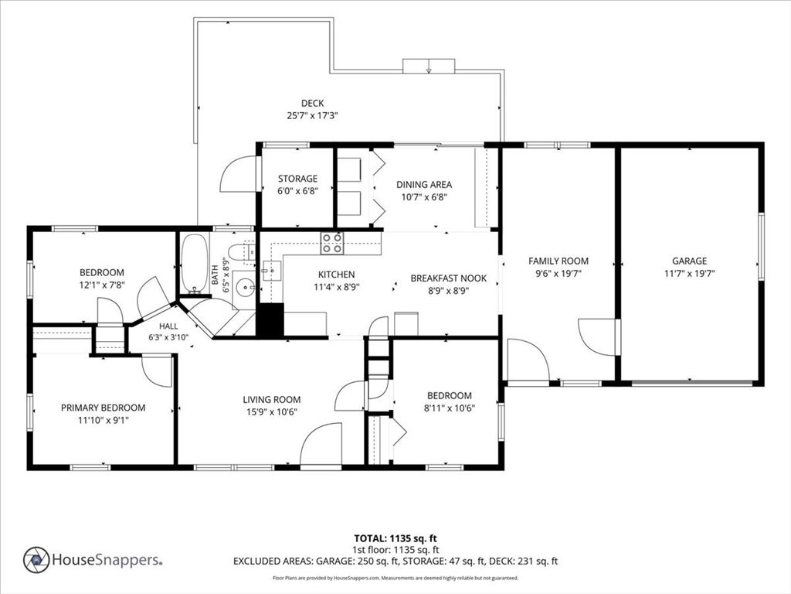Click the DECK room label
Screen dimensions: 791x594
(312, 103)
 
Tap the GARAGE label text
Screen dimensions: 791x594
(689, 261)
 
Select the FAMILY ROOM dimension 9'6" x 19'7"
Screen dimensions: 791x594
(558, 274)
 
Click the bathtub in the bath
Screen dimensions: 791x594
(195, 263)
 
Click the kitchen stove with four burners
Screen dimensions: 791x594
(332, 243)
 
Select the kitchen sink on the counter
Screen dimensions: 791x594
(271, 271)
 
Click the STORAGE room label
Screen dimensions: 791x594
(297, 179)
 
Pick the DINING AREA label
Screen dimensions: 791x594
(424, 184)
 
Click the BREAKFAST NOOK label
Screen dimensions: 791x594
(449, 278)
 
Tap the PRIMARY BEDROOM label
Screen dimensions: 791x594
(103, 408)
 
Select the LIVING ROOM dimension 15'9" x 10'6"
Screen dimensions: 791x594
(271, 412)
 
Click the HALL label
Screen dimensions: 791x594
(168, 326)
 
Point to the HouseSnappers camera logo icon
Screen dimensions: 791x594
(36, 560)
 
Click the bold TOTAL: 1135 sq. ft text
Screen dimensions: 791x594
(392, 538)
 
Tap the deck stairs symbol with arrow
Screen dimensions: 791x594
(429, 67)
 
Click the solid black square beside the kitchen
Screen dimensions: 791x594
(271, 319)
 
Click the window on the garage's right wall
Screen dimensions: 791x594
(761, 246)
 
